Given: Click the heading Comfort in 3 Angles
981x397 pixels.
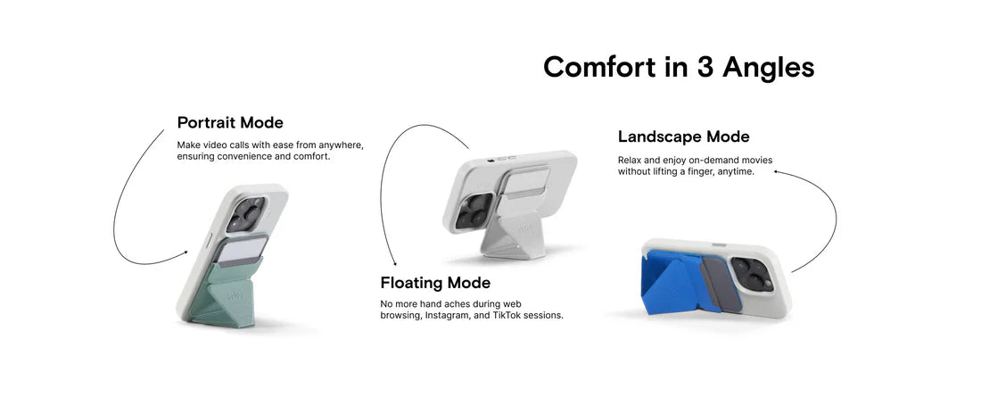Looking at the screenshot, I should (678, 67).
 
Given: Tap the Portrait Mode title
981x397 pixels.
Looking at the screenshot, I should (230, 122).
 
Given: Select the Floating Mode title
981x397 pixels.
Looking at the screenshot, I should (435, 283).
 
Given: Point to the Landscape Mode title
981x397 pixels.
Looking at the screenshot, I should (683, 136).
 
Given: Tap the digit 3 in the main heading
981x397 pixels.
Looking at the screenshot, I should (705, 67).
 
